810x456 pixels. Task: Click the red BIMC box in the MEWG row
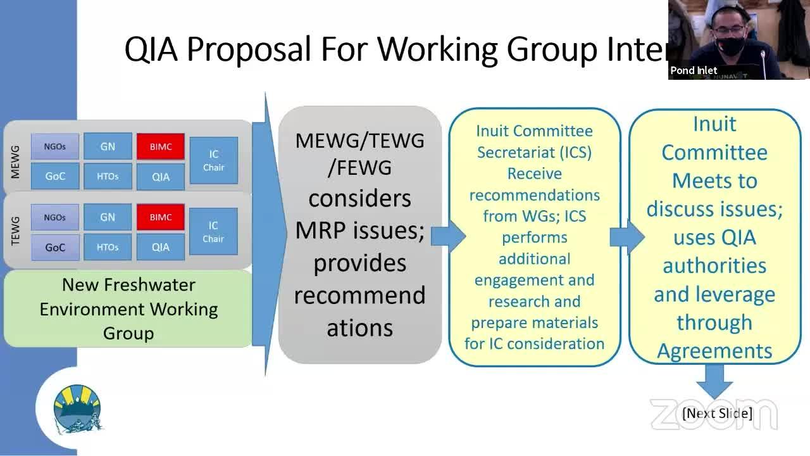[161, 146]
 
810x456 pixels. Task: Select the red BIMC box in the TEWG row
[161, 217]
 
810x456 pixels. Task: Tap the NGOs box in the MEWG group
[55, 146]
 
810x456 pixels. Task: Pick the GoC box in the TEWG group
[55, 248]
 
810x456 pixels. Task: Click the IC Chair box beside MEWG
[213, 161]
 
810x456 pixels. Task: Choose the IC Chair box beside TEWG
[213, 232]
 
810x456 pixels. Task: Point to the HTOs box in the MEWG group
[108, 176]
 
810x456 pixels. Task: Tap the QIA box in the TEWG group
[161, 248]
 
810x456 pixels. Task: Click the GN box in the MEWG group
[108, 146]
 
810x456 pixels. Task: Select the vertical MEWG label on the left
[16, 161]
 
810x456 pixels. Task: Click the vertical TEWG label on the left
[16, 231]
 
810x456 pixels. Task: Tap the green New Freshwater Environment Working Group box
[128, 309]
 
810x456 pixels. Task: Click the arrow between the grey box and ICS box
[447, 236]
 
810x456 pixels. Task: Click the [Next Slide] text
[717, 414]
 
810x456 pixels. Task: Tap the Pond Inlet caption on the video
[694, 70]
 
